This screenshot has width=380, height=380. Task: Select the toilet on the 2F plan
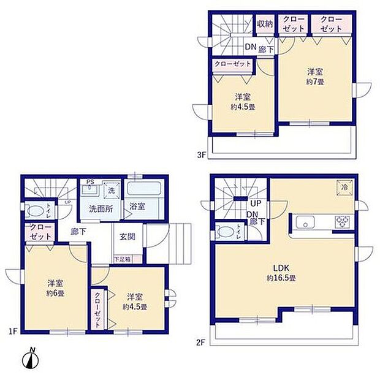[224, 233]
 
